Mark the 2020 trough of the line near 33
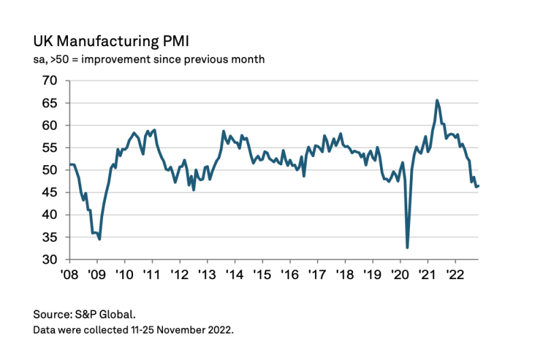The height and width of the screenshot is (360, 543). click(x=407, y=247)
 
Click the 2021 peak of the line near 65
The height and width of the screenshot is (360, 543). click(x=436, y=101)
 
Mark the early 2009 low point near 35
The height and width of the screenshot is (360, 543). click(x=100, y=238)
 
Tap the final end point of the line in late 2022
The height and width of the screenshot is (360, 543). click(x=479, y=186)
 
